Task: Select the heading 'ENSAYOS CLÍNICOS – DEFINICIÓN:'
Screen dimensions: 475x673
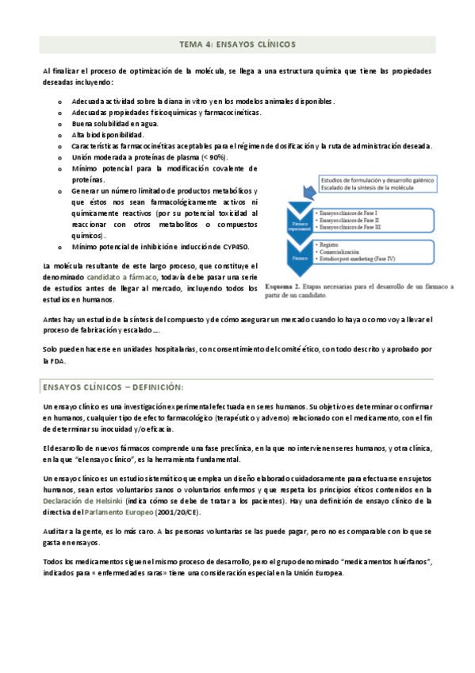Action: click(x=113, y=386)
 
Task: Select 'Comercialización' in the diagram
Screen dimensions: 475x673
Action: click(x=343, y=252)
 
